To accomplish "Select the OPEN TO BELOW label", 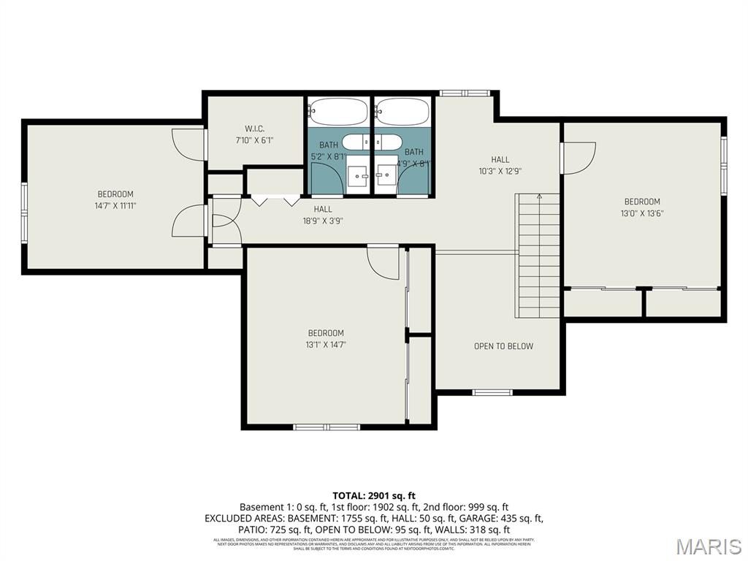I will (x=503, y=346).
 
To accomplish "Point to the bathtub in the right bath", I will (x=403, y=112).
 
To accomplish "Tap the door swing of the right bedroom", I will (x=576, y=157).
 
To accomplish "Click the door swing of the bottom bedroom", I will (x=383, y=263).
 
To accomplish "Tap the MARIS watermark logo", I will (x=708, y=546).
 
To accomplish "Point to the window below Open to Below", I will (x=492, y=393).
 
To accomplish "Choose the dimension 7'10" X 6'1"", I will (x=254, y=140).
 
